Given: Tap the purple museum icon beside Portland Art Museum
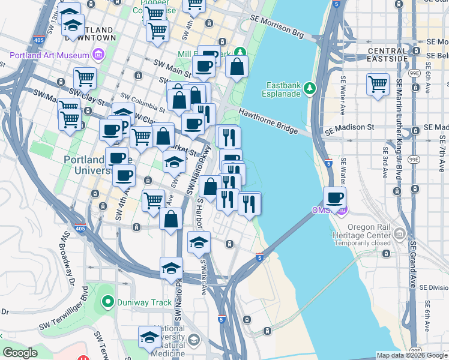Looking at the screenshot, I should tap(98, 56).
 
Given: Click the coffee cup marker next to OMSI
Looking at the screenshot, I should tap(334, 197).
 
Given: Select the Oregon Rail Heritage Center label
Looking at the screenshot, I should tap(360, 235).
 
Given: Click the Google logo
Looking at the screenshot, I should tap(20, 353).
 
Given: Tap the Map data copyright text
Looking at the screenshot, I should tap(412, 355).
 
